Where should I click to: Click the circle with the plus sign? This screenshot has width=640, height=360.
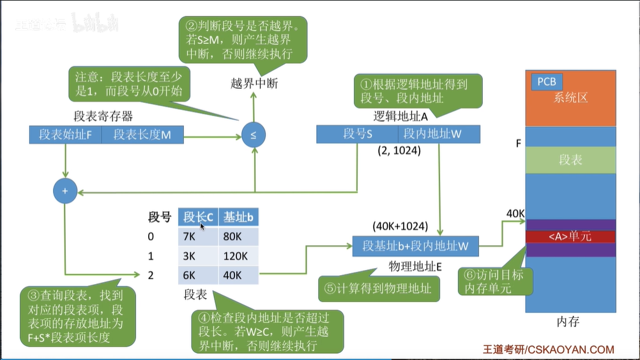tap(65, 191)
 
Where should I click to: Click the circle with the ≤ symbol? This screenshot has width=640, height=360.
tap(254, 135)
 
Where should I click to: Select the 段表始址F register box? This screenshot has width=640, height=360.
tap(65, 135)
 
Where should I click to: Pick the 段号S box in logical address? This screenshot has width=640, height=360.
tap(357, 134)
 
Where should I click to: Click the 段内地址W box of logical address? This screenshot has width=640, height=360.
tap(439, 134)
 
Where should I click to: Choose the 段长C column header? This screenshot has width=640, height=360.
tap(197, 217)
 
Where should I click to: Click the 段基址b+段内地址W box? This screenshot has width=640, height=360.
tap(416, 246)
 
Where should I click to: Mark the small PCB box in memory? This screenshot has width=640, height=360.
tap(546, 82)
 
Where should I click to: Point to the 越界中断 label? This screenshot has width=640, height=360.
tap(255, 83)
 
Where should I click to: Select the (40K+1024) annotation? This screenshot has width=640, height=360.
tap(400, 227)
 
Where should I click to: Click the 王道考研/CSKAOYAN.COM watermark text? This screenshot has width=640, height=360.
tap(548, 349)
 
